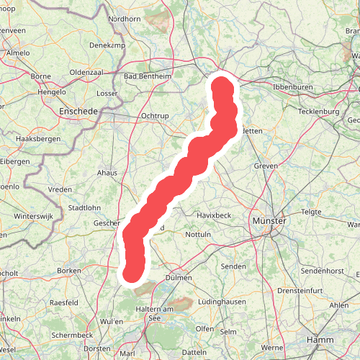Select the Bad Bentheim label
[148, 76]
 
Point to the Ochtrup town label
[154, 115]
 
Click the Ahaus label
[107, 173]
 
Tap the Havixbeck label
[215, 215]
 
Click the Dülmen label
[179, 277]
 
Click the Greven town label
[266, 166]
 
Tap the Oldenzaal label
[89, 72]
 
